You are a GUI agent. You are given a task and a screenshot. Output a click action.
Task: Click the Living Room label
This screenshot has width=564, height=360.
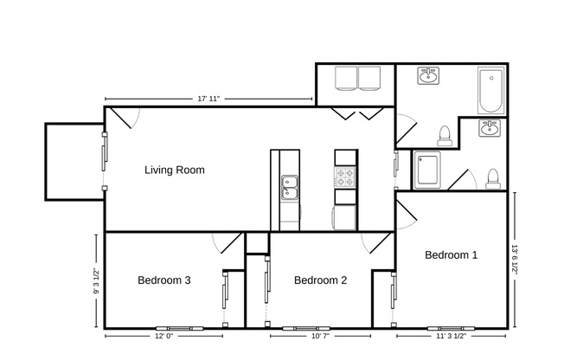click(174, 170)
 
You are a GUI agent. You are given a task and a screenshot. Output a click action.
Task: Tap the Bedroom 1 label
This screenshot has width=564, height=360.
click(451, 254)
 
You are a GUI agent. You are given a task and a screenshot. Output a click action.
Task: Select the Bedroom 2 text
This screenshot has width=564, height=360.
click(320, 280)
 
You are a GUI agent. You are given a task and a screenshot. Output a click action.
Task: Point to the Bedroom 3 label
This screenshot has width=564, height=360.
click(163, 280)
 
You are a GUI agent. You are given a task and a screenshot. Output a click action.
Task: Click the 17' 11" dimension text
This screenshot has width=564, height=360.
click(208, 99)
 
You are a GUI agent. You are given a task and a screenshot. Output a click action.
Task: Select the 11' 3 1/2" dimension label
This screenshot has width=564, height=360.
click(450, 336)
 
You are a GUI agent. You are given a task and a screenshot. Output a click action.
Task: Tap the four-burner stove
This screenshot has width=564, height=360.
click(345, 177)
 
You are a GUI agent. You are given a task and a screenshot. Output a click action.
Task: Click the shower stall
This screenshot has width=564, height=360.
click(428, 170)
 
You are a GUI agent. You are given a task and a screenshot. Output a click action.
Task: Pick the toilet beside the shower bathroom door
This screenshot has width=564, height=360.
click(492, 178)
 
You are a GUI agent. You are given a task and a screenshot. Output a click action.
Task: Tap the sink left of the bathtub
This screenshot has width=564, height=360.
click(427, 77)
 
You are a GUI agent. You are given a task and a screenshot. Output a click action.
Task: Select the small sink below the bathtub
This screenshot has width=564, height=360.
click(490, 129)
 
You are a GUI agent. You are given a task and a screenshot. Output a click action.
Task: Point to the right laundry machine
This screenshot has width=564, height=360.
click(373, 79)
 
